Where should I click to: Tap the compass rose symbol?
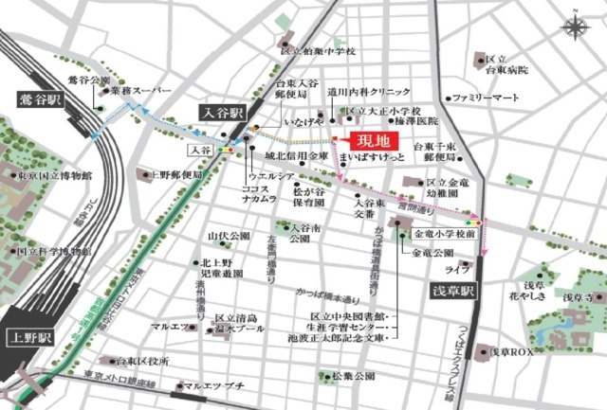pos(575,28)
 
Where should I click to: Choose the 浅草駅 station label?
pos(454,287)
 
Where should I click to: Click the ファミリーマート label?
pos(486,98)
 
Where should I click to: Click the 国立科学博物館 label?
pos(53,253)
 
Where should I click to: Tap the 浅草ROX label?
pos(516,351)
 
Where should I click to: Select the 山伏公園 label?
pos(229,235)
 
